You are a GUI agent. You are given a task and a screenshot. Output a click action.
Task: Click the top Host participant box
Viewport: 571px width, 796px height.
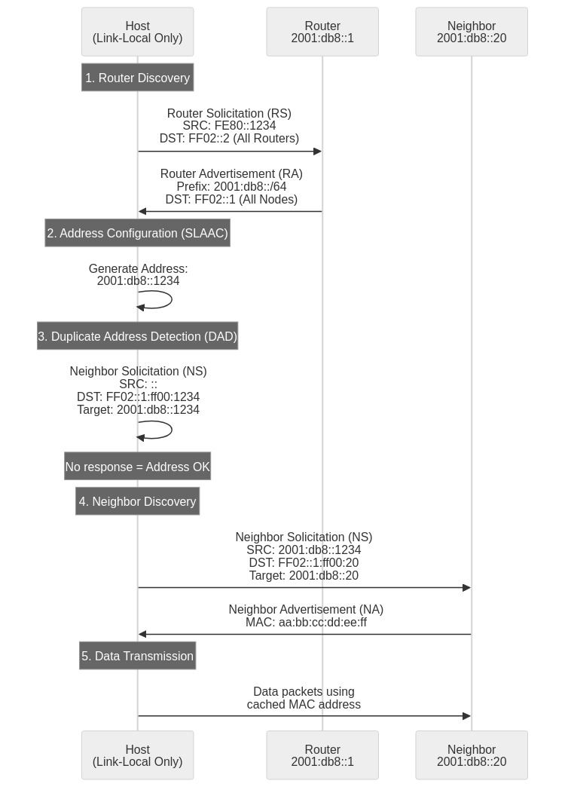point(137,32)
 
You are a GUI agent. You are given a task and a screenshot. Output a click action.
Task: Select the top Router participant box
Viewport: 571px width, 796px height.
point(322,32)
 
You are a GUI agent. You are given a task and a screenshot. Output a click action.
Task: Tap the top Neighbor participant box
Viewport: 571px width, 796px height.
point(472,32)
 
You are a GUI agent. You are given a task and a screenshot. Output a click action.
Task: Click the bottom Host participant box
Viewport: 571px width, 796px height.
point(137,755)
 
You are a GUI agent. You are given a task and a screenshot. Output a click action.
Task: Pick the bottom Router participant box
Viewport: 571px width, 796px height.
point(322,755)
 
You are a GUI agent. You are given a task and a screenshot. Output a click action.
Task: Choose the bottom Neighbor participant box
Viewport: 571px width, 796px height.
point(472,755)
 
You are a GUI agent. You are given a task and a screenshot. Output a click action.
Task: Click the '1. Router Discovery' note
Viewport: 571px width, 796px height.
point(137,78)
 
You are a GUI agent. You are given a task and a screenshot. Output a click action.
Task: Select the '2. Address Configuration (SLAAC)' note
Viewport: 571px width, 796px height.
point(137,234)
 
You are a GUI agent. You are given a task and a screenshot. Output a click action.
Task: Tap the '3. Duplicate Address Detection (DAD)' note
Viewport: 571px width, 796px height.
point(137,336)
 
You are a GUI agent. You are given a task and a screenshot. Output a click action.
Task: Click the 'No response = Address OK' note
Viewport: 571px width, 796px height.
point(137,467)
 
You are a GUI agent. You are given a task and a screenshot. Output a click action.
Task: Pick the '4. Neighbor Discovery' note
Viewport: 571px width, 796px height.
point(137,501)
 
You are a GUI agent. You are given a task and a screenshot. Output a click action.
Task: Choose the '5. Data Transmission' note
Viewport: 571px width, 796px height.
point(137,656)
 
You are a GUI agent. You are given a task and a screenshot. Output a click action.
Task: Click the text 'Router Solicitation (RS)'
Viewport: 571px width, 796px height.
point(229,113)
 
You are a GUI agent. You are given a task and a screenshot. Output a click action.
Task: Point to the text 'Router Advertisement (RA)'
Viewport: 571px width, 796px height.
point(231,173)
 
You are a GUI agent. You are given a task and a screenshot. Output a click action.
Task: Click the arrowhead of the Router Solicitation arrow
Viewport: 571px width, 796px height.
point(318,152)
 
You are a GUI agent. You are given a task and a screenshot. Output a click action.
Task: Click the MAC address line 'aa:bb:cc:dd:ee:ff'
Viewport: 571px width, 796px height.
point(306,622)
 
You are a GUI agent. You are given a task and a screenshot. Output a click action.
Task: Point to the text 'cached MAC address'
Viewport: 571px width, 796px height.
point(304,704)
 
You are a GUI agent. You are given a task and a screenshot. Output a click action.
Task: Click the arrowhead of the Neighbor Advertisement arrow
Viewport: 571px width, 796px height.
point(142,635)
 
